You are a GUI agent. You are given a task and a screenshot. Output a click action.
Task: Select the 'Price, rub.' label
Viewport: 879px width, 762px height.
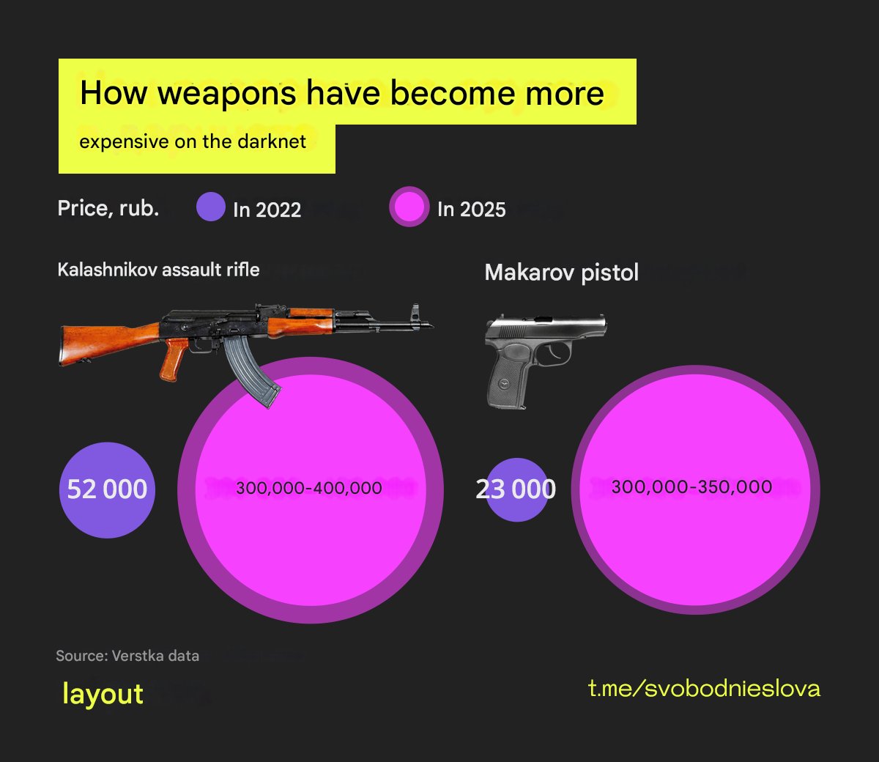tap(108, 209)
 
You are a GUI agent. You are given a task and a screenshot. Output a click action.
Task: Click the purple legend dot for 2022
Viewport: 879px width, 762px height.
tap(210, 207)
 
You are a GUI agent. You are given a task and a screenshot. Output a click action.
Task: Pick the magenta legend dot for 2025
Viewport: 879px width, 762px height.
tap(409, 207)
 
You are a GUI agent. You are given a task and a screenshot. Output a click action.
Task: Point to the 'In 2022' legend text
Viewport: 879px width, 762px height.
tap(267, 210)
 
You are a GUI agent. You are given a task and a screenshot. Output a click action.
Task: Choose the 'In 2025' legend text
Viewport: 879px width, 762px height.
tap(471, 210)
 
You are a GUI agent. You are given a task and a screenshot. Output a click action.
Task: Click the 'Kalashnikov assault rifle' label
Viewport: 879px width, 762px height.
tap(158, 270)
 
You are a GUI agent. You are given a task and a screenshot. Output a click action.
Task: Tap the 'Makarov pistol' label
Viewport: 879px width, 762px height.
tap(562, 273)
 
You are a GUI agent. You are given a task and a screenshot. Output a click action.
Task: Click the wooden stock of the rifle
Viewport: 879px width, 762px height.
tap(95, 341)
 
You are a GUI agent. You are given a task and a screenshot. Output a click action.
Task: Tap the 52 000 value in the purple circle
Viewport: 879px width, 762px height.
tap(107, 489)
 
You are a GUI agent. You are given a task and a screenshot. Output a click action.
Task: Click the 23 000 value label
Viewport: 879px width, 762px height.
tap(516, 489)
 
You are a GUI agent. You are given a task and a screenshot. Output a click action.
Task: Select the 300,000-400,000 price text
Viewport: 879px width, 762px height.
tap(309, 488)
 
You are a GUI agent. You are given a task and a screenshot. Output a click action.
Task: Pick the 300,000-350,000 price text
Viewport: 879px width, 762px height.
tap(691, 487)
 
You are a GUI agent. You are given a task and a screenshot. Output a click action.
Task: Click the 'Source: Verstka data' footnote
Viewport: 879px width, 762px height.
tap(127, 656)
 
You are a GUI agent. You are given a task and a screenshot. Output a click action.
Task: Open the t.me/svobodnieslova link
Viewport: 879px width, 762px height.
tap(704, 689)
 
